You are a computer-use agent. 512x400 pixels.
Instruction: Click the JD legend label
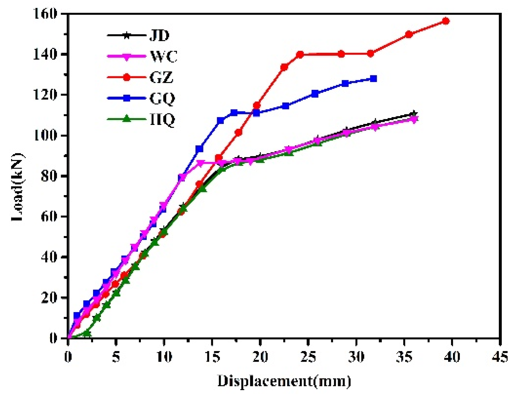(x=160, y=35)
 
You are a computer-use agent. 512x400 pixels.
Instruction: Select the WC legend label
(x=163, y=56)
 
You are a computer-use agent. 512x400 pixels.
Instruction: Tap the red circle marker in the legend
(x=126, y=77)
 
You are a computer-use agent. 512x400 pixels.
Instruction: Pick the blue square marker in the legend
(x=126, y=98)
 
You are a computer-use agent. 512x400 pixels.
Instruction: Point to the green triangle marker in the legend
(x=126, y=119)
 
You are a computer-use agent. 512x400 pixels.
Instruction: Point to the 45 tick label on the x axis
(x=500, y=357)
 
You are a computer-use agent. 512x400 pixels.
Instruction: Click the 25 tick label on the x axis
(x=308, y=357)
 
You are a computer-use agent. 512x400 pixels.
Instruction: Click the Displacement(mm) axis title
(x=284, y=381)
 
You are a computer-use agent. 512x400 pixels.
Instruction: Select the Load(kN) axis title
(x=17, y=187)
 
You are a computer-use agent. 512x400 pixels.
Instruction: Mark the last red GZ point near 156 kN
(x=446, y=21)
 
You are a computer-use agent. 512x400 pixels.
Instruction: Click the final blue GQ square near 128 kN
(x=373, y=79)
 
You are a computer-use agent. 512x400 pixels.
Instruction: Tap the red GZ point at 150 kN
(x=409, y=34)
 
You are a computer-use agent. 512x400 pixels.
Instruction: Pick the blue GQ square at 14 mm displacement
(x=199, y=149)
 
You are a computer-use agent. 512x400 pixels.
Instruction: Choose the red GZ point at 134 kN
(x=284, y=67)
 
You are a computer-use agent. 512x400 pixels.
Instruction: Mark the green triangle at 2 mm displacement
(x=87, y=333)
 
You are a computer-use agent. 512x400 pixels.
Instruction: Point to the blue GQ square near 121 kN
(x=315, y=93)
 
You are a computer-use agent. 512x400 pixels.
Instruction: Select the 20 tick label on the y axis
(x=49, y=297)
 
